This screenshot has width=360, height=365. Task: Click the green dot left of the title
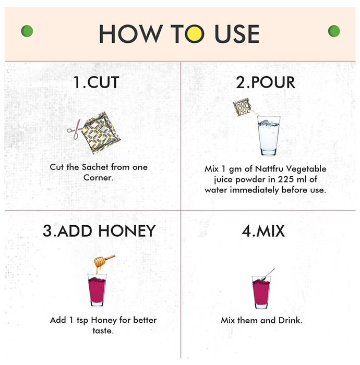coord(27,31)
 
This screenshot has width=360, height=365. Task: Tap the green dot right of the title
coord(334,31)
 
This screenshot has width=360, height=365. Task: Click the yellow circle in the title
coord(195,34)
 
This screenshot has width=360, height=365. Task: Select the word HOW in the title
coord(131,34)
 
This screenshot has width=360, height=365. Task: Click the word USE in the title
coord(237,34)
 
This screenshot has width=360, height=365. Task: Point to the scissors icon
coord(75,129)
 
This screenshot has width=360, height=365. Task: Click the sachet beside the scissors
coord(101,133)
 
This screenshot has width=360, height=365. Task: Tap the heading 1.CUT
coord(96,82)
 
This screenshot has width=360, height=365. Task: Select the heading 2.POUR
coord(266,82)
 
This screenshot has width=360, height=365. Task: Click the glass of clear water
coord(269,136)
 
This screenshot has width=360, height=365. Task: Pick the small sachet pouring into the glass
coord(243,107)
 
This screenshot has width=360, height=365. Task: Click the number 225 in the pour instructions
coord(286,179)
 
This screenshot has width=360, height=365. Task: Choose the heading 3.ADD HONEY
coord(99,231)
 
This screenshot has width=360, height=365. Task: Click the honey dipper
coord(104,261)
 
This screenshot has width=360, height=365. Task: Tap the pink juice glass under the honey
coord(97,290)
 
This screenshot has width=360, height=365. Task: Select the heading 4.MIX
coord(263,231)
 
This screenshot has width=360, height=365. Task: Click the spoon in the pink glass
coord(268,274)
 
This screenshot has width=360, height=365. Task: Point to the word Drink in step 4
coord(290,320)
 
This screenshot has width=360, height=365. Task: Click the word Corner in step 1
coord(99,178)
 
